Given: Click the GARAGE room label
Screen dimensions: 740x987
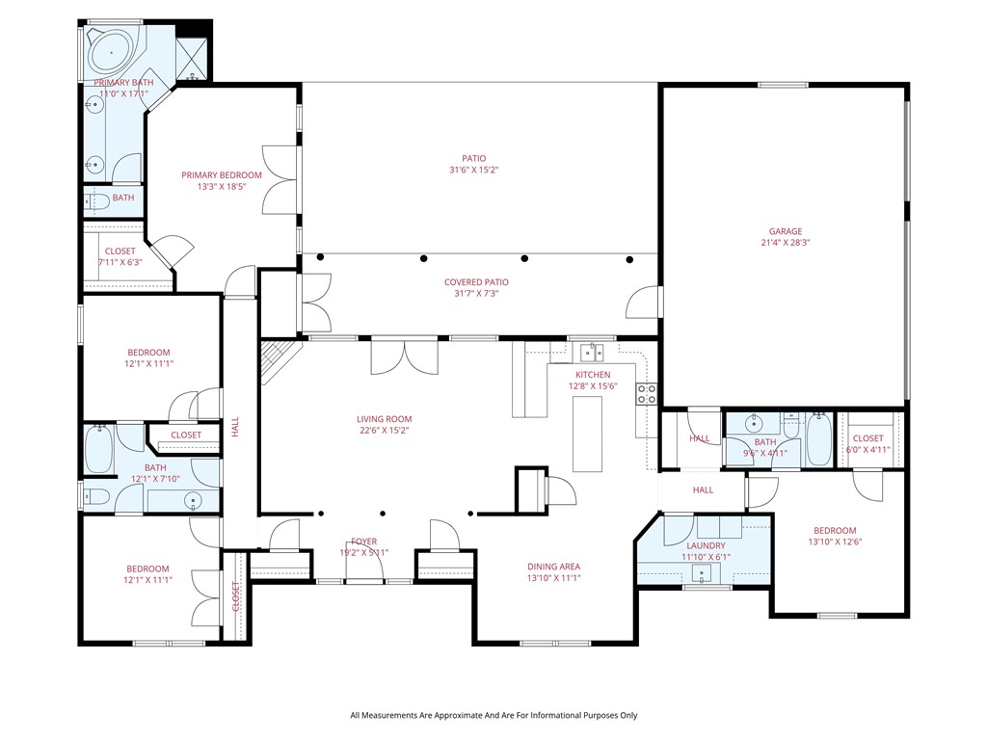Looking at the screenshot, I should pyautogui.click(x=785, y=231).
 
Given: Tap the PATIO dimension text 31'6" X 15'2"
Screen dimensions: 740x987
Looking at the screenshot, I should pyautogui.click(x=473, y=170).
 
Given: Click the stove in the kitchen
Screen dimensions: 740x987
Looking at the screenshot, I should pyautogui.click(x=647, y=393).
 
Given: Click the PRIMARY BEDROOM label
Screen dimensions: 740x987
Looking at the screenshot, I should pyautogui.click(x=222, y=175).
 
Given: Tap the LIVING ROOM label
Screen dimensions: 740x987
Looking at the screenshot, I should pyautogui.click(x=385, y=419).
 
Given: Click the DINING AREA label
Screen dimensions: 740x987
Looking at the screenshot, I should pyautogui.click(x=553, y=567).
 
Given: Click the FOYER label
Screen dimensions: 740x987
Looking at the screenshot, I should pyautogui.click(x=363, y=542).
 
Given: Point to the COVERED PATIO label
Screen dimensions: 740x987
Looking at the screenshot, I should pyautogui.click(x=476, y=282).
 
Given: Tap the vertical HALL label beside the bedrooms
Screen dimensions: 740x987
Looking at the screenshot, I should pyautogui.click(x=234, y=427).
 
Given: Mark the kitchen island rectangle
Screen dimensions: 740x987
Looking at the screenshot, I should pyautogui.click(x=587, y=434).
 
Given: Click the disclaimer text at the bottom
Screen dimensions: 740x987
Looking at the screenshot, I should pyautogui.click(x=493, y=715).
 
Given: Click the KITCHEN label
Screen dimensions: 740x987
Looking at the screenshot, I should pyautogui.click(x=593, y=374).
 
